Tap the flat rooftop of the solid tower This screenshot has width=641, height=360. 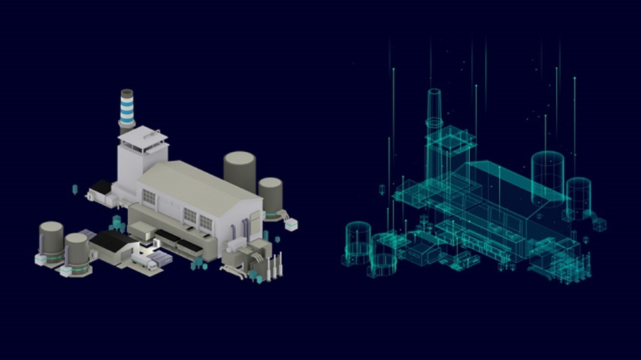[x=142, y=136]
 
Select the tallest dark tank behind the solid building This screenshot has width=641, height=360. [x=240, y=171]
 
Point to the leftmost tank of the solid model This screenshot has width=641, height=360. [x=51, y=243]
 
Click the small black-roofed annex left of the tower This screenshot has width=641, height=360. [x=101, y=188]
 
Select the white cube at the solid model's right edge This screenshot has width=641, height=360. [x=291, y=224]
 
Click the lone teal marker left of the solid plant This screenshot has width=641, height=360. [x=74, y=189]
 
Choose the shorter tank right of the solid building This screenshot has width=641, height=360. [x=270, y=195]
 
